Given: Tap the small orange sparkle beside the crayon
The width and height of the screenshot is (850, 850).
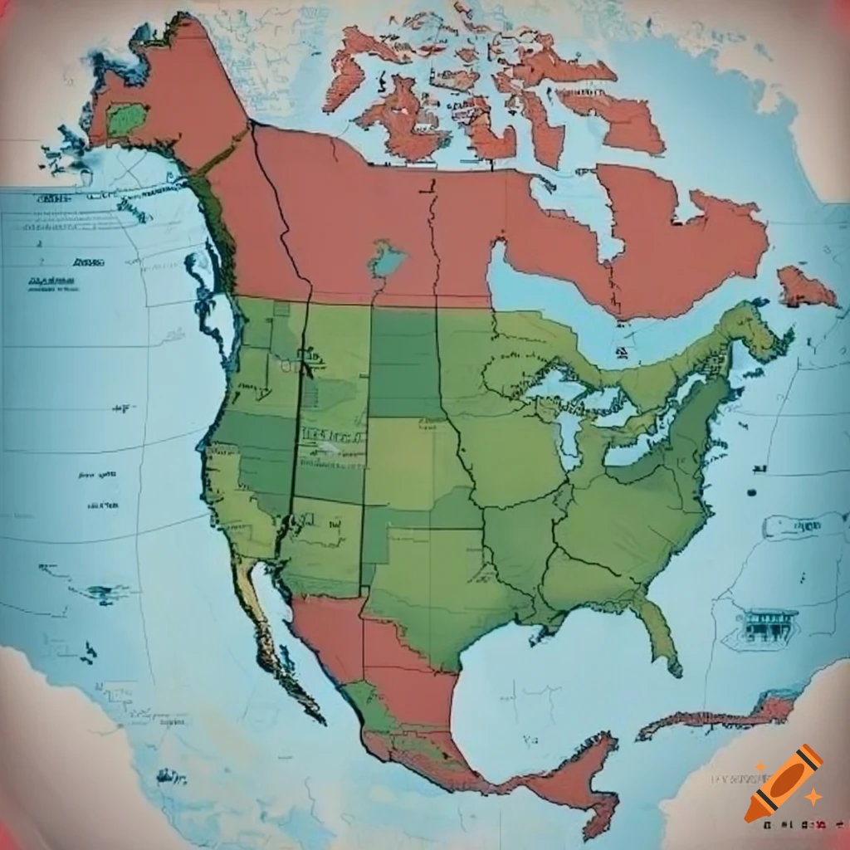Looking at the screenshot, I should (x=814, y=797).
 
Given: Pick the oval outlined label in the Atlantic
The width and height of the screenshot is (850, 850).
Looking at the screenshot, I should (x=792, y=525).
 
